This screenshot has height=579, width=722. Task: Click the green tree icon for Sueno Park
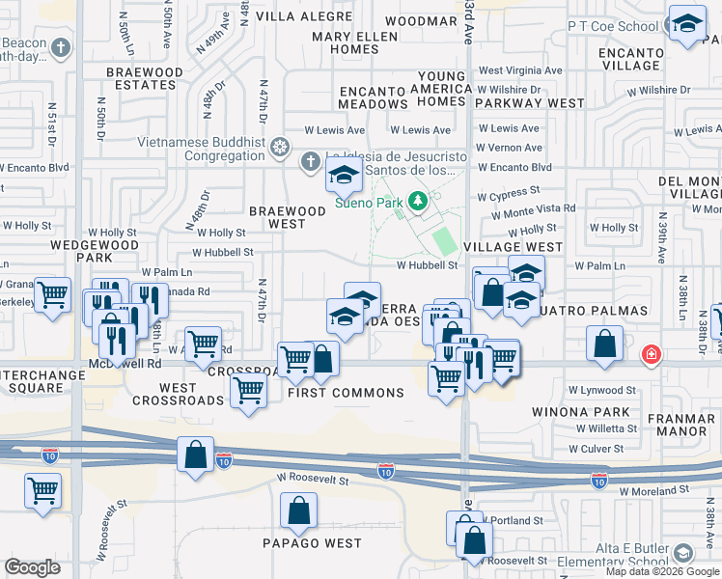coord(418,201)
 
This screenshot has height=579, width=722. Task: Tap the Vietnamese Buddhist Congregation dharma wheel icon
coord(280,148)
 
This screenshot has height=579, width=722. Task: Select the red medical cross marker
coord(653,355)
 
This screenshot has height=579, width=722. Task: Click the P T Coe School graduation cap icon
coord(687,25)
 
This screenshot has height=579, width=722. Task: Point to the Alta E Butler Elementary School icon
coord(683,553)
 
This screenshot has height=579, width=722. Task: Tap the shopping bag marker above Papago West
coord(299,511)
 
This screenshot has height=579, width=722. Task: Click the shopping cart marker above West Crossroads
coord(249,390)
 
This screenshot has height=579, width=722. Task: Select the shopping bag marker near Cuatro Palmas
coord(604,345)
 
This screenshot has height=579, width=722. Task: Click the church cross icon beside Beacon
coord(61,47)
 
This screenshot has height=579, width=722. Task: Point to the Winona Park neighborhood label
coord(580,412)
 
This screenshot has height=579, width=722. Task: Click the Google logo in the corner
coord(33,567)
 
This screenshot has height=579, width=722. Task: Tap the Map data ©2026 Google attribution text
coord(662,571)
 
